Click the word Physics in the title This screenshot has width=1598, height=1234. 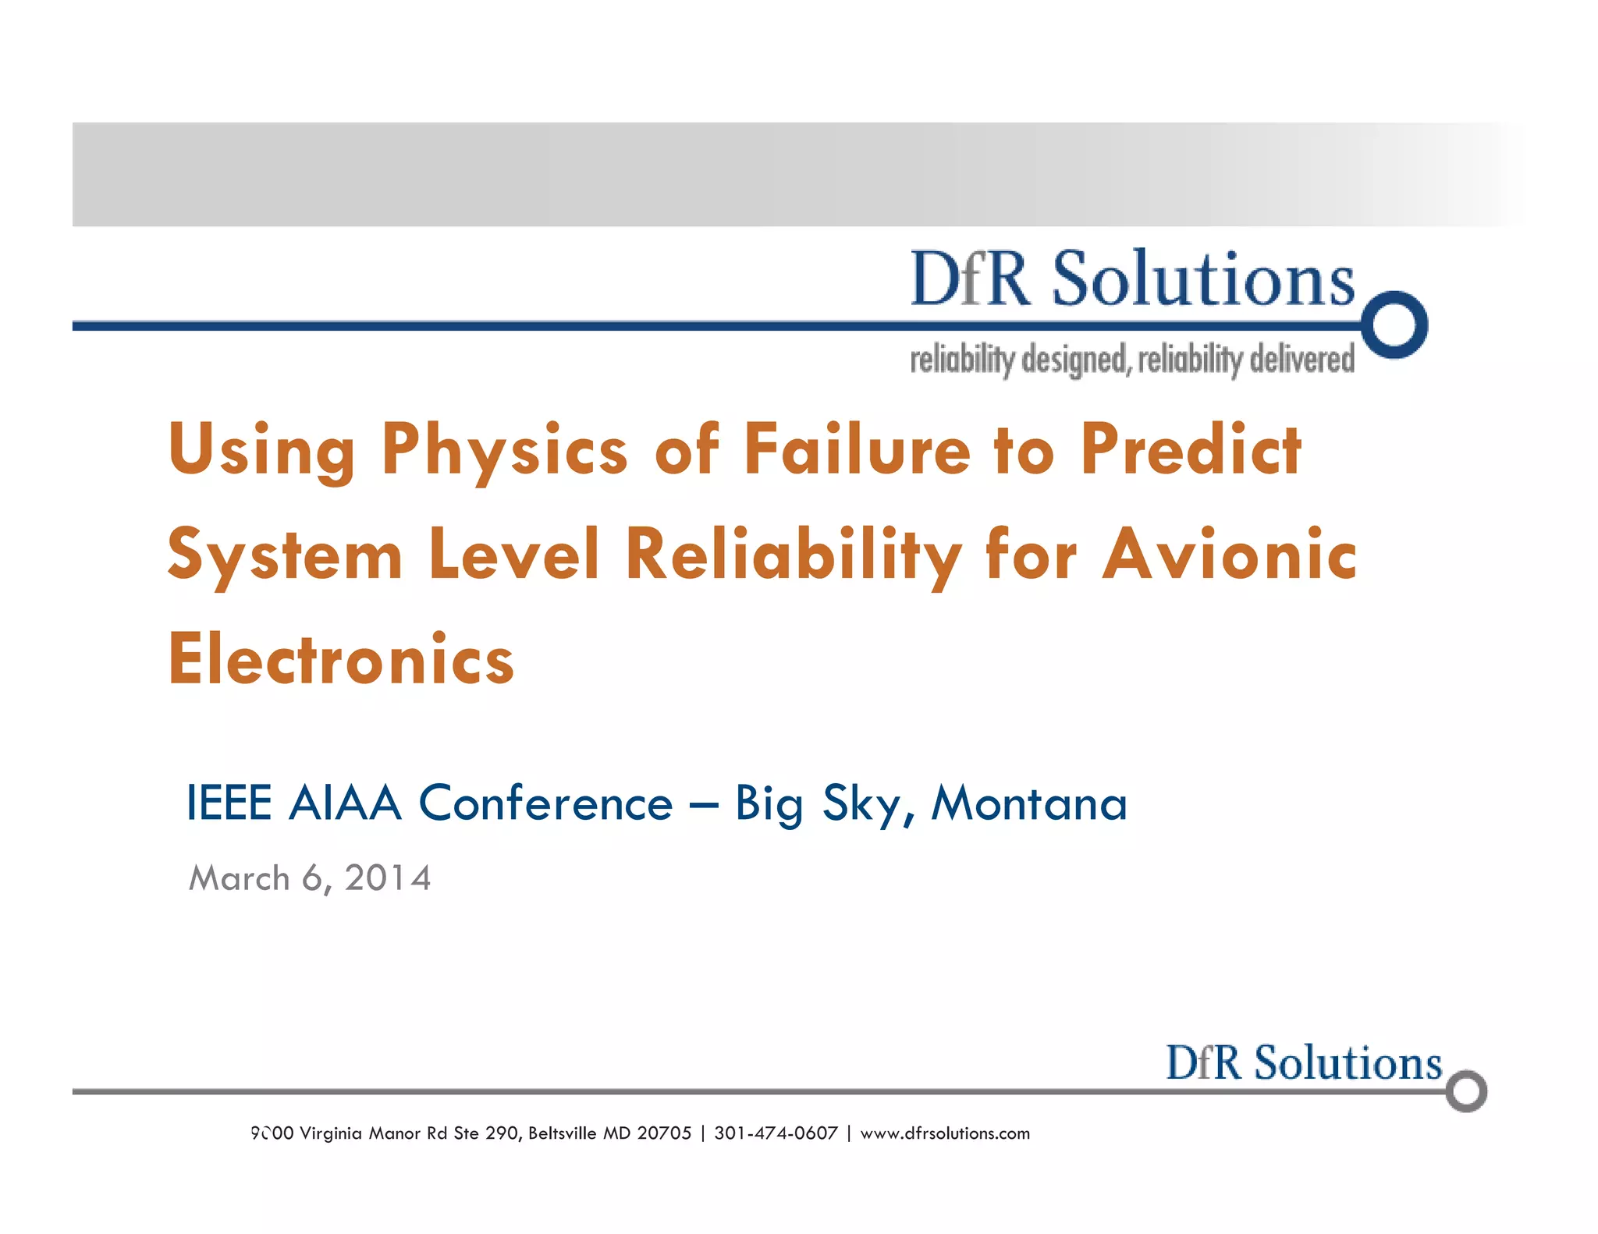(x=504, y=450)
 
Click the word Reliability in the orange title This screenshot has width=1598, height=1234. (x=794, y=555)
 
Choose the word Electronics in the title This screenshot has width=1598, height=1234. (x=341, y=659)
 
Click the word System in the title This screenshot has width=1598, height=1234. (x=285, y=555)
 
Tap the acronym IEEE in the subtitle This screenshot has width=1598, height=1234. (x=229, y=803)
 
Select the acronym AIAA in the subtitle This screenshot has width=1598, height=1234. (x=345, y=803)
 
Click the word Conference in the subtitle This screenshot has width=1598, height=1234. (x=545, y=803)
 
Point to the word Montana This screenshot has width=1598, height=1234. (x=1029, y=803)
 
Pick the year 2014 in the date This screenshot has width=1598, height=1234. (x=388, y=878)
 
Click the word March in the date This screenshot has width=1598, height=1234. (x=240, y=878)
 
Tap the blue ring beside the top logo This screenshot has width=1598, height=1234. (x=1396, y=324)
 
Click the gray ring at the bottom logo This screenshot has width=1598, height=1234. (x=1466, y=1091)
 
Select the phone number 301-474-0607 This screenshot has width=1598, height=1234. (x=776, y=1133)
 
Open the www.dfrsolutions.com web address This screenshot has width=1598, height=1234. (x=945, y=1133)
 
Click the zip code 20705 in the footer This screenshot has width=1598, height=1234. (x=664, y=1133)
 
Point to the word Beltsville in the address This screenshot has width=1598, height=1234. (x=563, y=1133)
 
